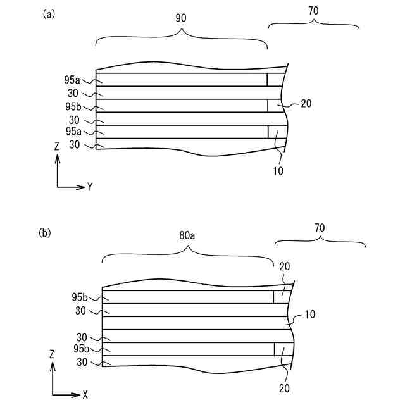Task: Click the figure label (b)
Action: click(46, 232)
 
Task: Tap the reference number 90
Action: click(181, 18)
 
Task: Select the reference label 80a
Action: click(187, 235)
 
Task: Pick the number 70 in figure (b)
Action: click(320, 225)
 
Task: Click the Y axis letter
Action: click(90, 187)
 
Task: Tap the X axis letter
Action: click(85, 394)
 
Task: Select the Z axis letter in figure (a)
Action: click(57, 146)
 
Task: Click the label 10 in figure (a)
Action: click(278, 170)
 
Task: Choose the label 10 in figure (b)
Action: click(310, 315)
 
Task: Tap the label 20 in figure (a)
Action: click(306, 104)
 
